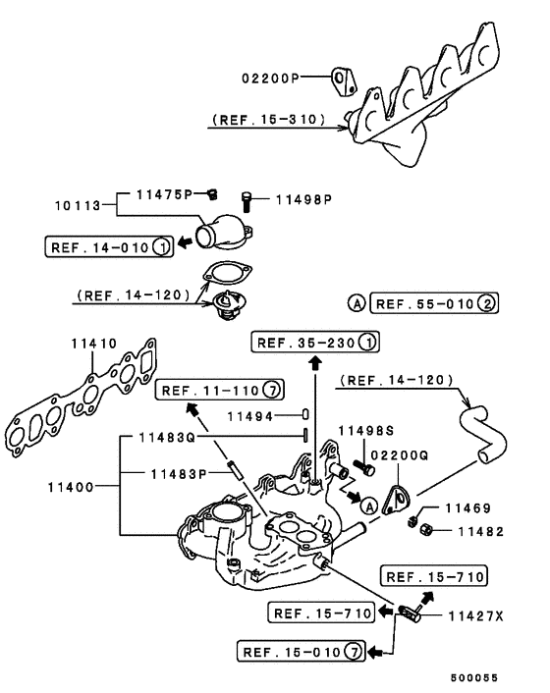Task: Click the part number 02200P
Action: pos(269,76)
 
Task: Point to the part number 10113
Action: pos(80,207)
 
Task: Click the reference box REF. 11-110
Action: pos(219,389)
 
